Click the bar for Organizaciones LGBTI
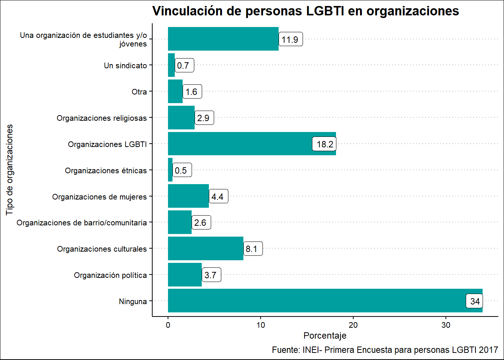pos(240,144)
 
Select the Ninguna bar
pos(315,301)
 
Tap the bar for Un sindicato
pos(171,65)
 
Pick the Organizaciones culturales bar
pos(205,248)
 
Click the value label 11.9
pos(290,40)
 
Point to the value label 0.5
pos(181,171)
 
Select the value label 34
pos(475,301)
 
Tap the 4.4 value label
pos(217,197)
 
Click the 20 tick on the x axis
pos(353,325)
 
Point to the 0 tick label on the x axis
pos(168,325)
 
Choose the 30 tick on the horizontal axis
pos(446,325)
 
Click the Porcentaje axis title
pos(325,336)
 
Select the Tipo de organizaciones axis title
pos(9,170)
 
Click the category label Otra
pos(139,92)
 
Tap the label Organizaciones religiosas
pos(102,118)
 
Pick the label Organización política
pos(110,275)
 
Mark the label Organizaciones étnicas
pos(106,171)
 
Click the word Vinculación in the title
pos(187,11)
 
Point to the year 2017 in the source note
pos(489,350)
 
